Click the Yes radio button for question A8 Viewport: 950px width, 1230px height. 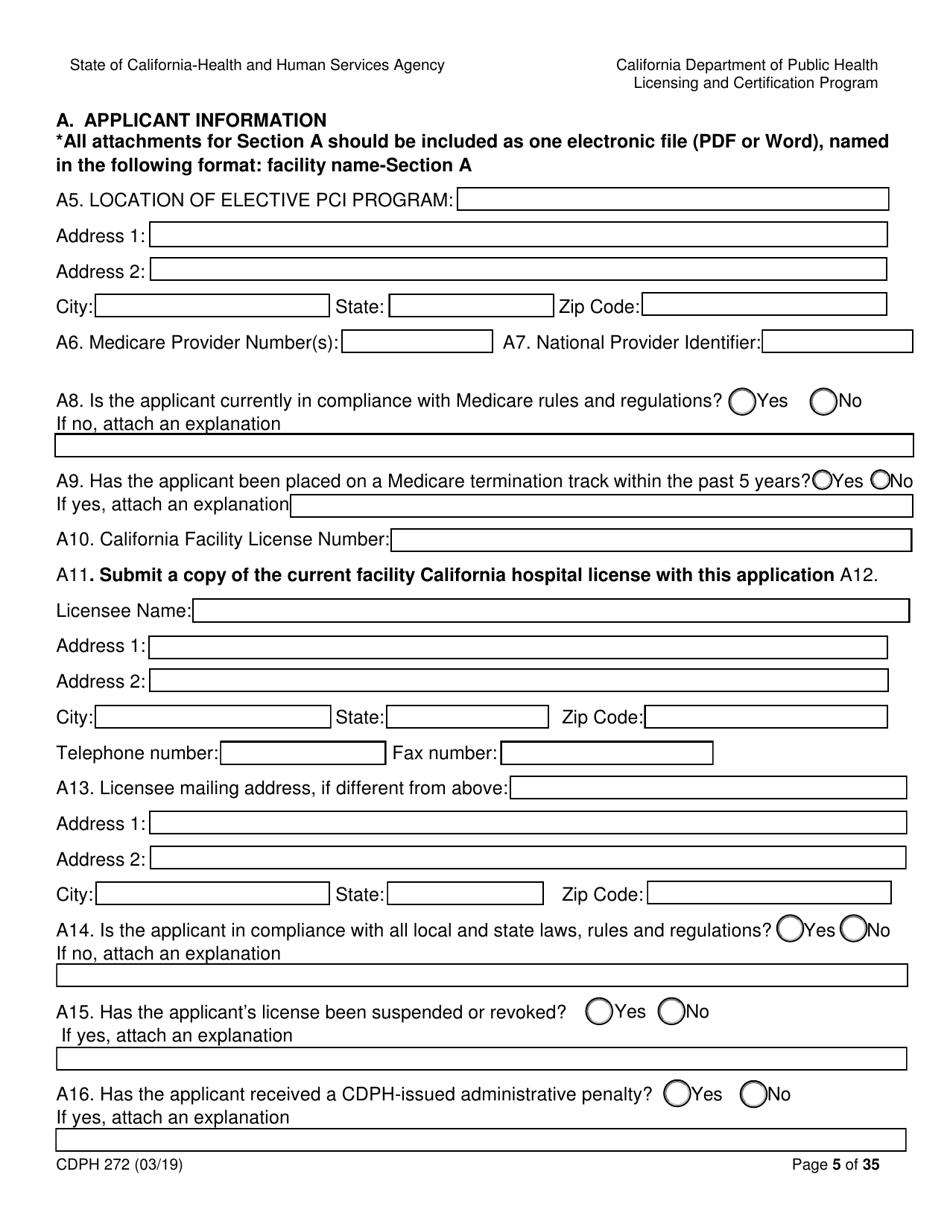pos(743,401)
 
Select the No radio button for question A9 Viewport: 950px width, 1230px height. pos(881,480)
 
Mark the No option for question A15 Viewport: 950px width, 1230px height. pos(673,1012)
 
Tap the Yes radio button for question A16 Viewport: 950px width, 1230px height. pos(677,1094)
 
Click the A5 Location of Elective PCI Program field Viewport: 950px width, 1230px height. pos(673,200)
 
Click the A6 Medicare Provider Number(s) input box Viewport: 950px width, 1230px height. pos(417,343)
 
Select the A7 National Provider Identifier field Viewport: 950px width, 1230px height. pos(838,343)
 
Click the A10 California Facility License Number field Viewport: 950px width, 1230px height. pos(651,540)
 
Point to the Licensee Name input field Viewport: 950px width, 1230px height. pos(551,611)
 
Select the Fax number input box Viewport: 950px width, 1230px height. pos(607,753)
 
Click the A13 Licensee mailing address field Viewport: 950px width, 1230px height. pos(708,788)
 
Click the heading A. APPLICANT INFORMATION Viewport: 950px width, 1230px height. pos(192,120)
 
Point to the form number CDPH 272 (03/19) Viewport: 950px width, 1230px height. pos(120,1164)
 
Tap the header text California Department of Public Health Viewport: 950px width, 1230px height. pos(746,65)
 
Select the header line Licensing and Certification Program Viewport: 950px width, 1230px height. pos(755,83)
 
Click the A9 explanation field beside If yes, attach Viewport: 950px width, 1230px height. pos(601,505)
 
